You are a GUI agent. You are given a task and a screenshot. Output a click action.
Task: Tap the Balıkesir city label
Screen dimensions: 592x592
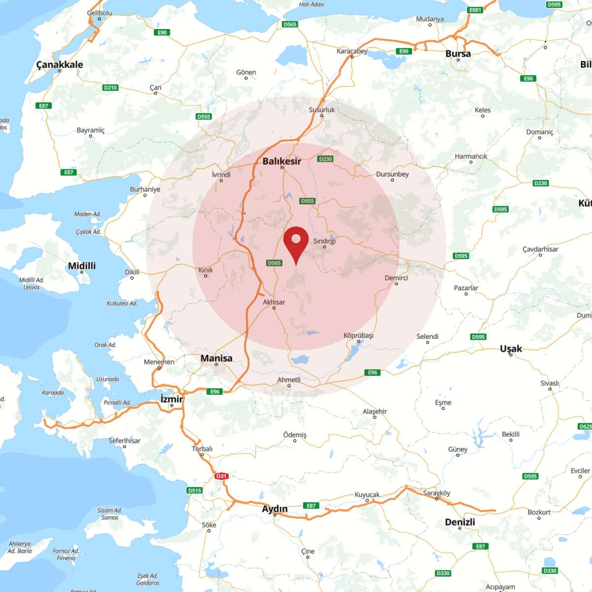pos(282,161)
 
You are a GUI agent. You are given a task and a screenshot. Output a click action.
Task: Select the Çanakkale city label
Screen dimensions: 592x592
pos(60,65)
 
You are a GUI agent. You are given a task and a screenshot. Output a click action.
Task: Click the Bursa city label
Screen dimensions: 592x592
pos(458,53)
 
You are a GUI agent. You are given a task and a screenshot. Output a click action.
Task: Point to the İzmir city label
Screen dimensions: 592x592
pos(172,399)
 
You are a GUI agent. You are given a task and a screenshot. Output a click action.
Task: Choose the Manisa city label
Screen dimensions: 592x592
pos(216,358)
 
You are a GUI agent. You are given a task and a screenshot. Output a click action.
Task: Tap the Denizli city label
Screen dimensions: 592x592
pos(460,522)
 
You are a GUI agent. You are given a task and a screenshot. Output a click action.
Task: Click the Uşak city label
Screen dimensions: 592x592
pos(511,348)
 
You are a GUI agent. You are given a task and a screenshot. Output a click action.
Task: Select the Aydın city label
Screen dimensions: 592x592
pos(275,509)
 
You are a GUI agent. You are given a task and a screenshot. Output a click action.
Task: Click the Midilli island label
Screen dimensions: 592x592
pos(82,266)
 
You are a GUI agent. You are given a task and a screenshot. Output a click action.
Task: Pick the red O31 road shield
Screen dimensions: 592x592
pos(221,476)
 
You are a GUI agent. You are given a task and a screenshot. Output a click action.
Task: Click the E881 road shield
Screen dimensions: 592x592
pos(475,10)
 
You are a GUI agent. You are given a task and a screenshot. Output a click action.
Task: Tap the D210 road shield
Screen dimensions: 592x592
pos(111,87)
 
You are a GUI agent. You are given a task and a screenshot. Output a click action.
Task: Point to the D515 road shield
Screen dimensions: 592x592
pos(195,490)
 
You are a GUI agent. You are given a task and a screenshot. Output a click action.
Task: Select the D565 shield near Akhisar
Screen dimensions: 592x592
pos(274,263)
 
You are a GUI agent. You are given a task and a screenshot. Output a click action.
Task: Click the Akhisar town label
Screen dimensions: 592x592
pos(274,302)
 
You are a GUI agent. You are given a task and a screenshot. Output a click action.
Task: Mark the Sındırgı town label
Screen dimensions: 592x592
pos(324,241)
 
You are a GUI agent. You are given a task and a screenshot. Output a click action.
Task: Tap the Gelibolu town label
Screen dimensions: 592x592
pos(99,13)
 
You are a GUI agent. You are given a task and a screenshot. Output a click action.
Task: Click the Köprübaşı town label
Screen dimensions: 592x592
pos(359,335)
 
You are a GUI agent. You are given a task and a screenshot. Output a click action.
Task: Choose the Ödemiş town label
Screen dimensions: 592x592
pos(295,435)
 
